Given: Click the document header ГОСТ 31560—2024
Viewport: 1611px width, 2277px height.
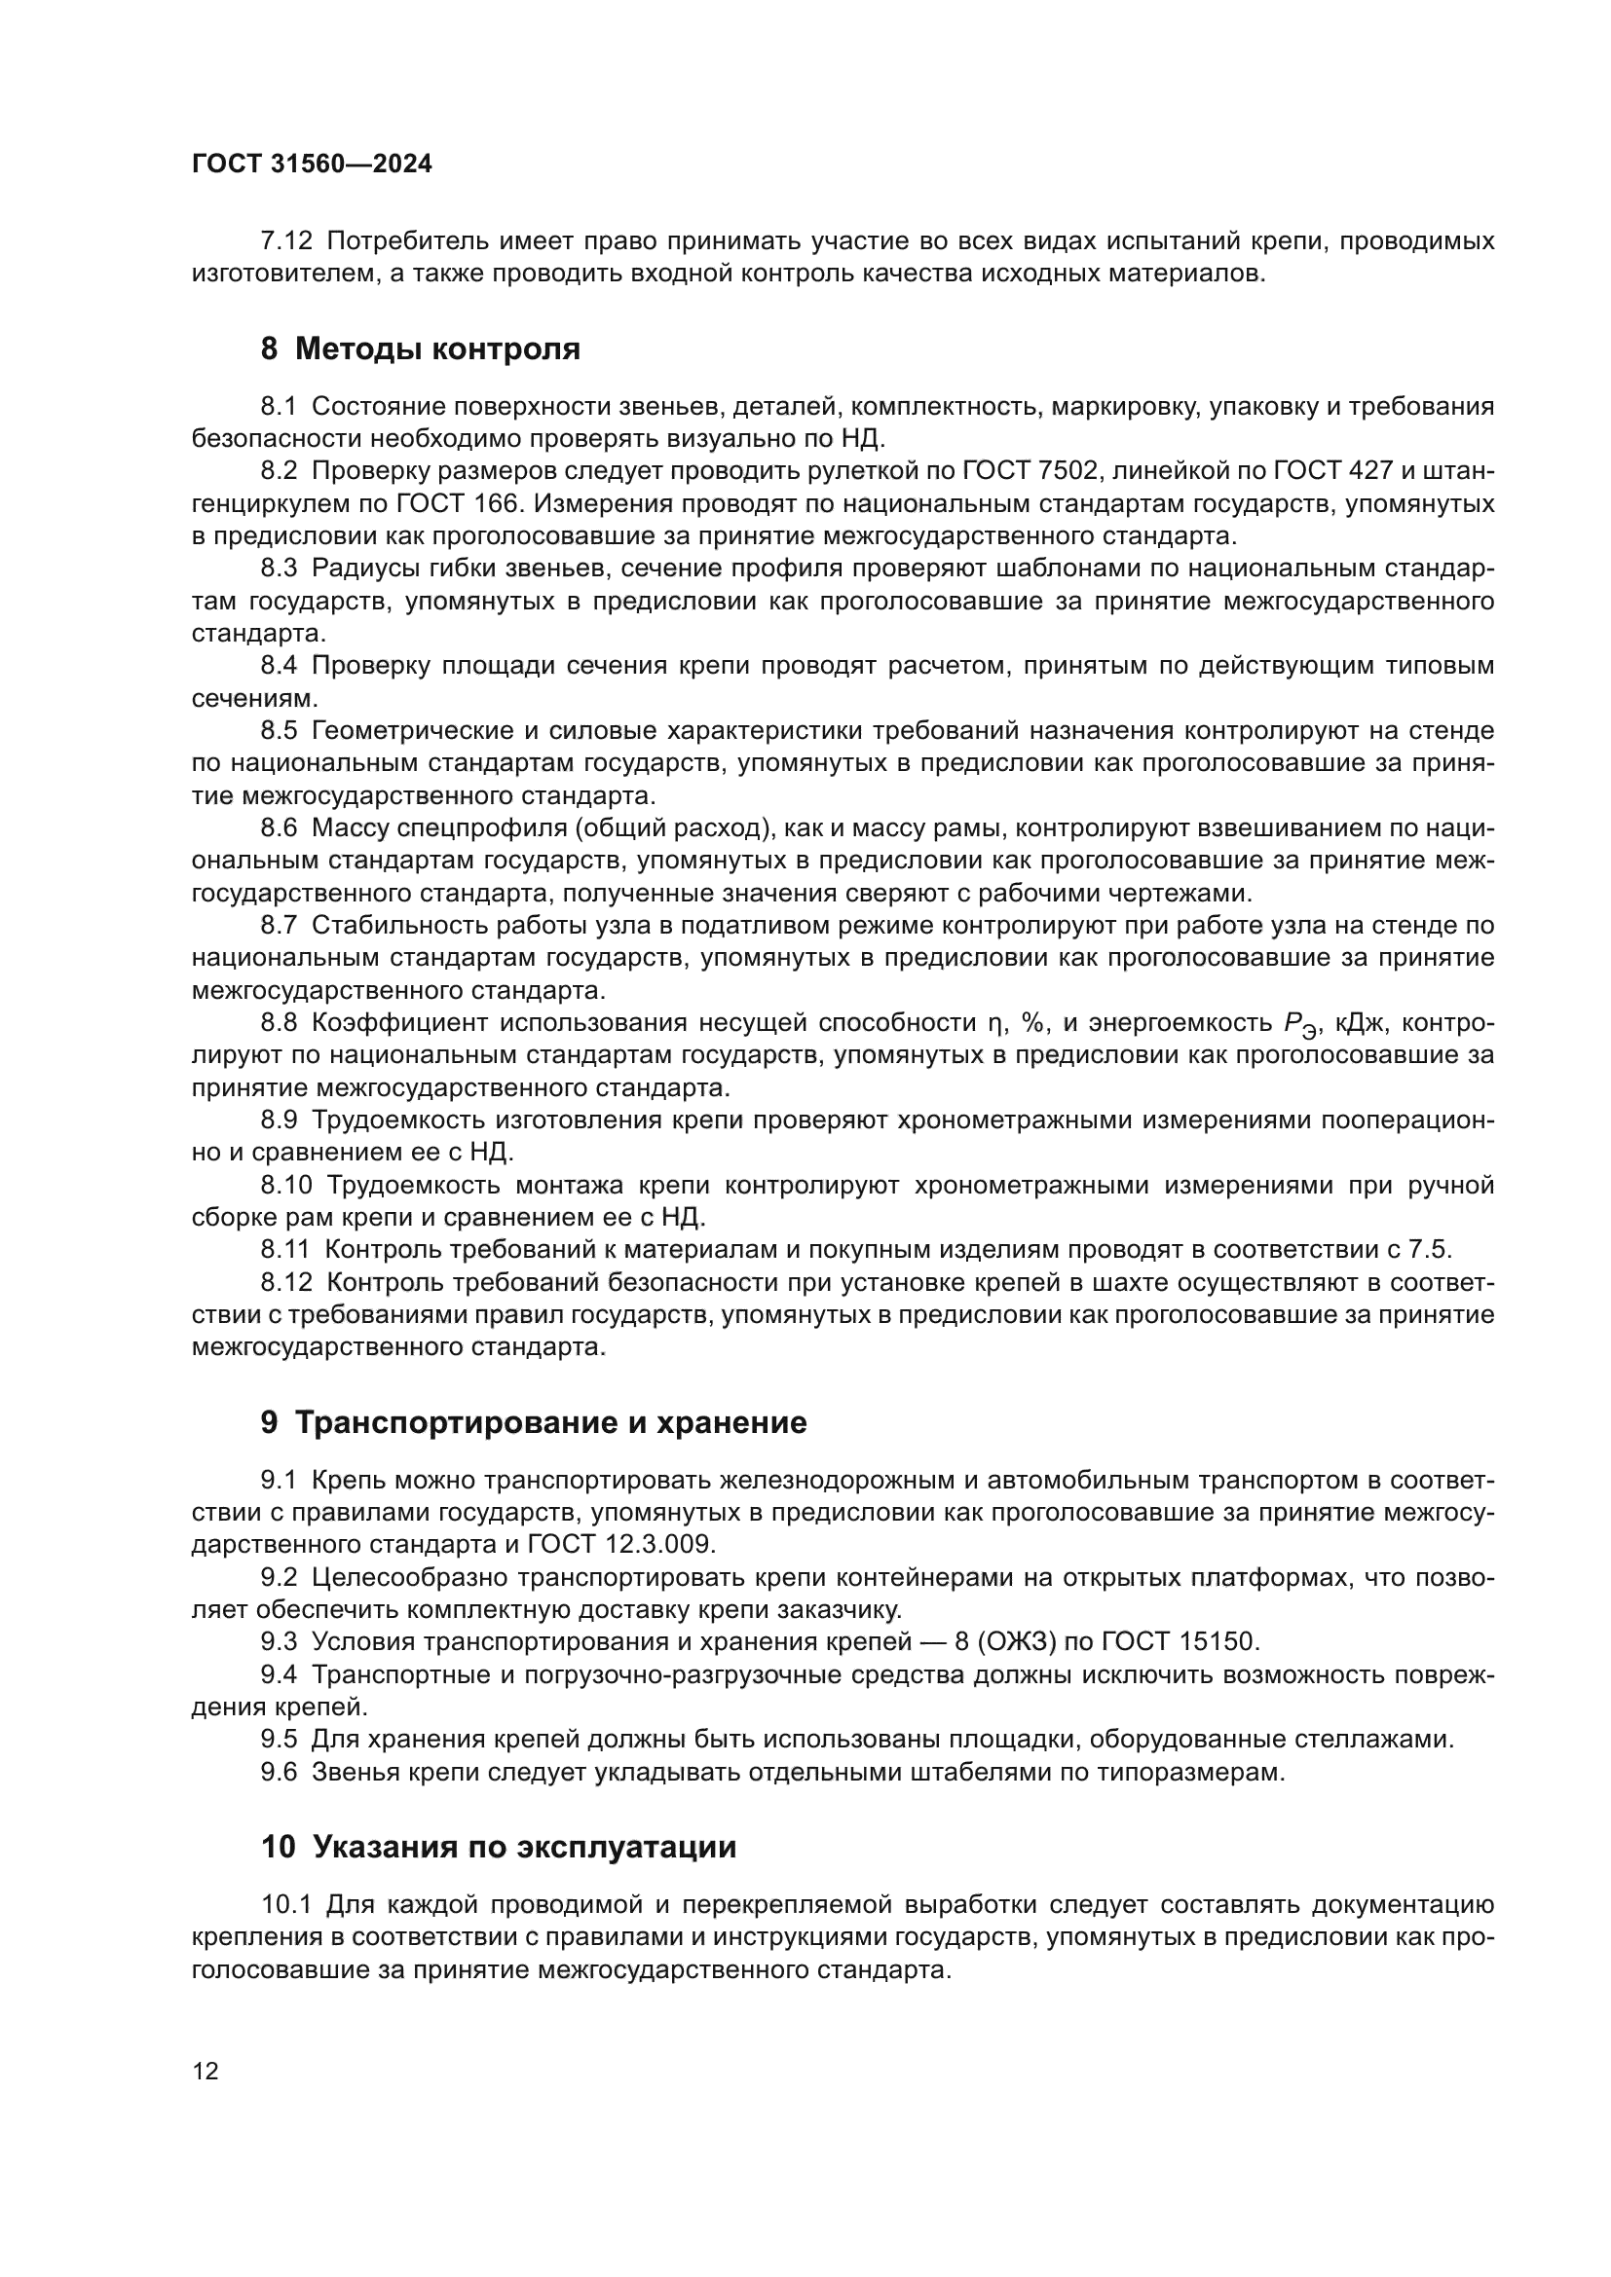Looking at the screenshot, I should click(x=312, y=165).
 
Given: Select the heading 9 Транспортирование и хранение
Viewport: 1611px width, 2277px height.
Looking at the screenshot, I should click(x=534, y=1423).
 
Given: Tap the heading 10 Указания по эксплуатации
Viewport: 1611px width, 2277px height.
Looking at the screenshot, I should click(x=498, y=1847).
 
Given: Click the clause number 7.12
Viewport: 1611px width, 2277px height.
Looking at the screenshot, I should click(x=285, y=241).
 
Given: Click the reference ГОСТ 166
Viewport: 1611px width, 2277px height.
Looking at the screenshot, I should click(x=458, y=504).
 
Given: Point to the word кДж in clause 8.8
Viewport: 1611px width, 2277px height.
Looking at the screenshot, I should click(x=1362, y=1023).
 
